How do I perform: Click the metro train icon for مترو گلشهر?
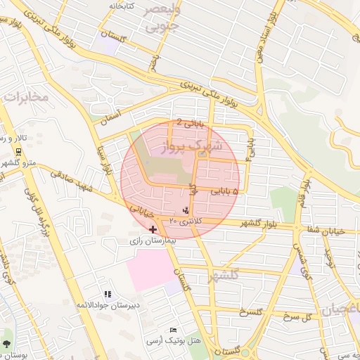(x=18, y=152)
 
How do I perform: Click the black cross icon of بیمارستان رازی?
(x=153, y=229)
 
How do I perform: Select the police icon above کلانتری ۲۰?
(x=186, y=210)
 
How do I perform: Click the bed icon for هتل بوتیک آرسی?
(x=174, y=330)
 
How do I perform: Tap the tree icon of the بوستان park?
(x=7, y=344)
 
